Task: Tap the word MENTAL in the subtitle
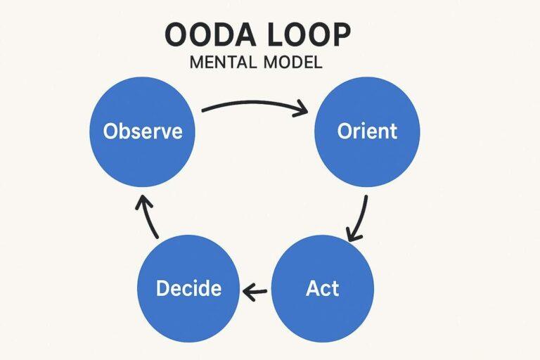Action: coord(225,63)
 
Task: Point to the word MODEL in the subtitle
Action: coord(290,63)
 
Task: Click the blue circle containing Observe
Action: coord(143,131)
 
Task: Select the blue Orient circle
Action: coord(366,131)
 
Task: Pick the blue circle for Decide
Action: coord(188,288)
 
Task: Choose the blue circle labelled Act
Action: coord(323,288)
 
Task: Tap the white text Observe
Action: coord(143,131)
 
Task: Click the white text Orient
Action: coord(366,131)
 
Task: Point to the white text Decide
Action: coord(188,288)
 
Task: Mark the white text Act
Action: coord(323,288)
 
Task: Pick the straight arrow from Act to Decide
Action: coord(256,289)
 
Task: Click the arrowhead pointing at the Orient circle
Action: coord(302,110)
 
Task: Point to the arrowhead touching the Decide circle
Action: coord(246,289)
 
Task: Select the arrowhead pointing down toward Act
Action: coord(353,233)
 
